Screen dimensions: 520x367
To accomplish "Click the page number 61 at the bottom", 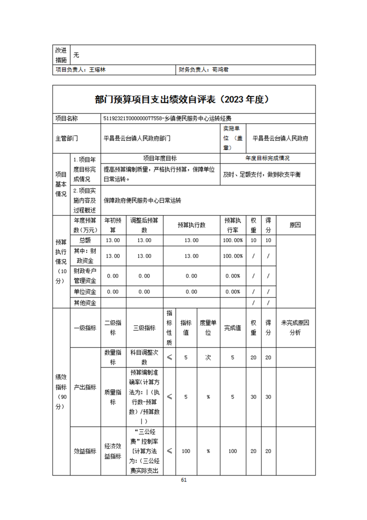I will coord(183,480).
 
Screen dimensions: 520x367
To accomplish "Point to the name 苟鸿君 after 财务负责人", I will coord(220,70).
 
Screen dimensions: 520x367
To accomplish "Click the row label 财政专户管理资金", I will coord(85,275).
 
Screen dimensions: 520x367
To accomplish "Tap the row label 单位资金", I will coord(85,292).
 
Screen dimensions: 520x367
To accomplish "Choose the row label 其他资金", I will coord(85,303).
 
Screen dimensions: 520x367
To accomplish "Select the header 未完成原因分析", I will coord(295,327).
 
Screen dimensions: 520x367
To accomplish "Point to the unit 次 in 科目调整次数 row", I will coord(208,357).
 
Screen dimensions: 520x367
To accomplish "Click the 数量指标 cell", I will coord(113,357).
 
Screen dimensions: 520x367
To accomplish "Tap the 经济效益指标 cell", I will coord(113,451).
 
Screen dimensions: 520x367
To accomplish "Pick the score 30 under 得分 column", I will coord(268,397).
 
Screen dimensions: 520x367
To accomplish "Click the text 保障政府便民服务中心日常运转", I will coord(142,201).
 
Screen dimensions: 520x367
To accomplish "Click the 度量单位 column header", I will coord(208,327).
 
